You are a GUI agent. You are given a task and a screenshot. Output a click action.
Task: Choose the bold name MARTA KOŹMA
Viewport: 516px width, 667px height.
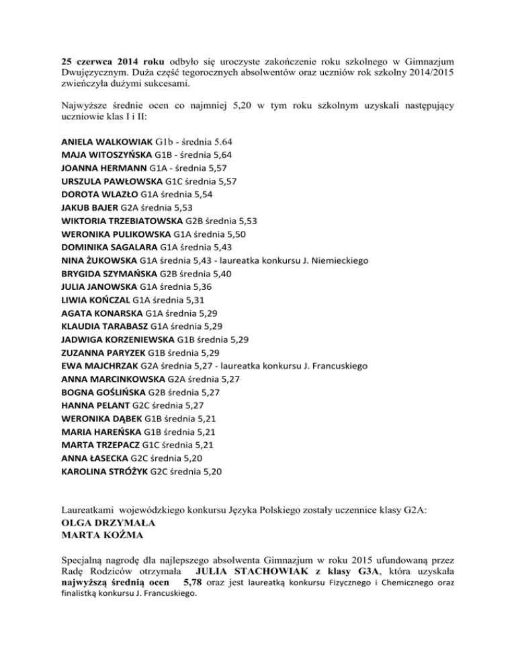pyautogui.click(x=98, y=537)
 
